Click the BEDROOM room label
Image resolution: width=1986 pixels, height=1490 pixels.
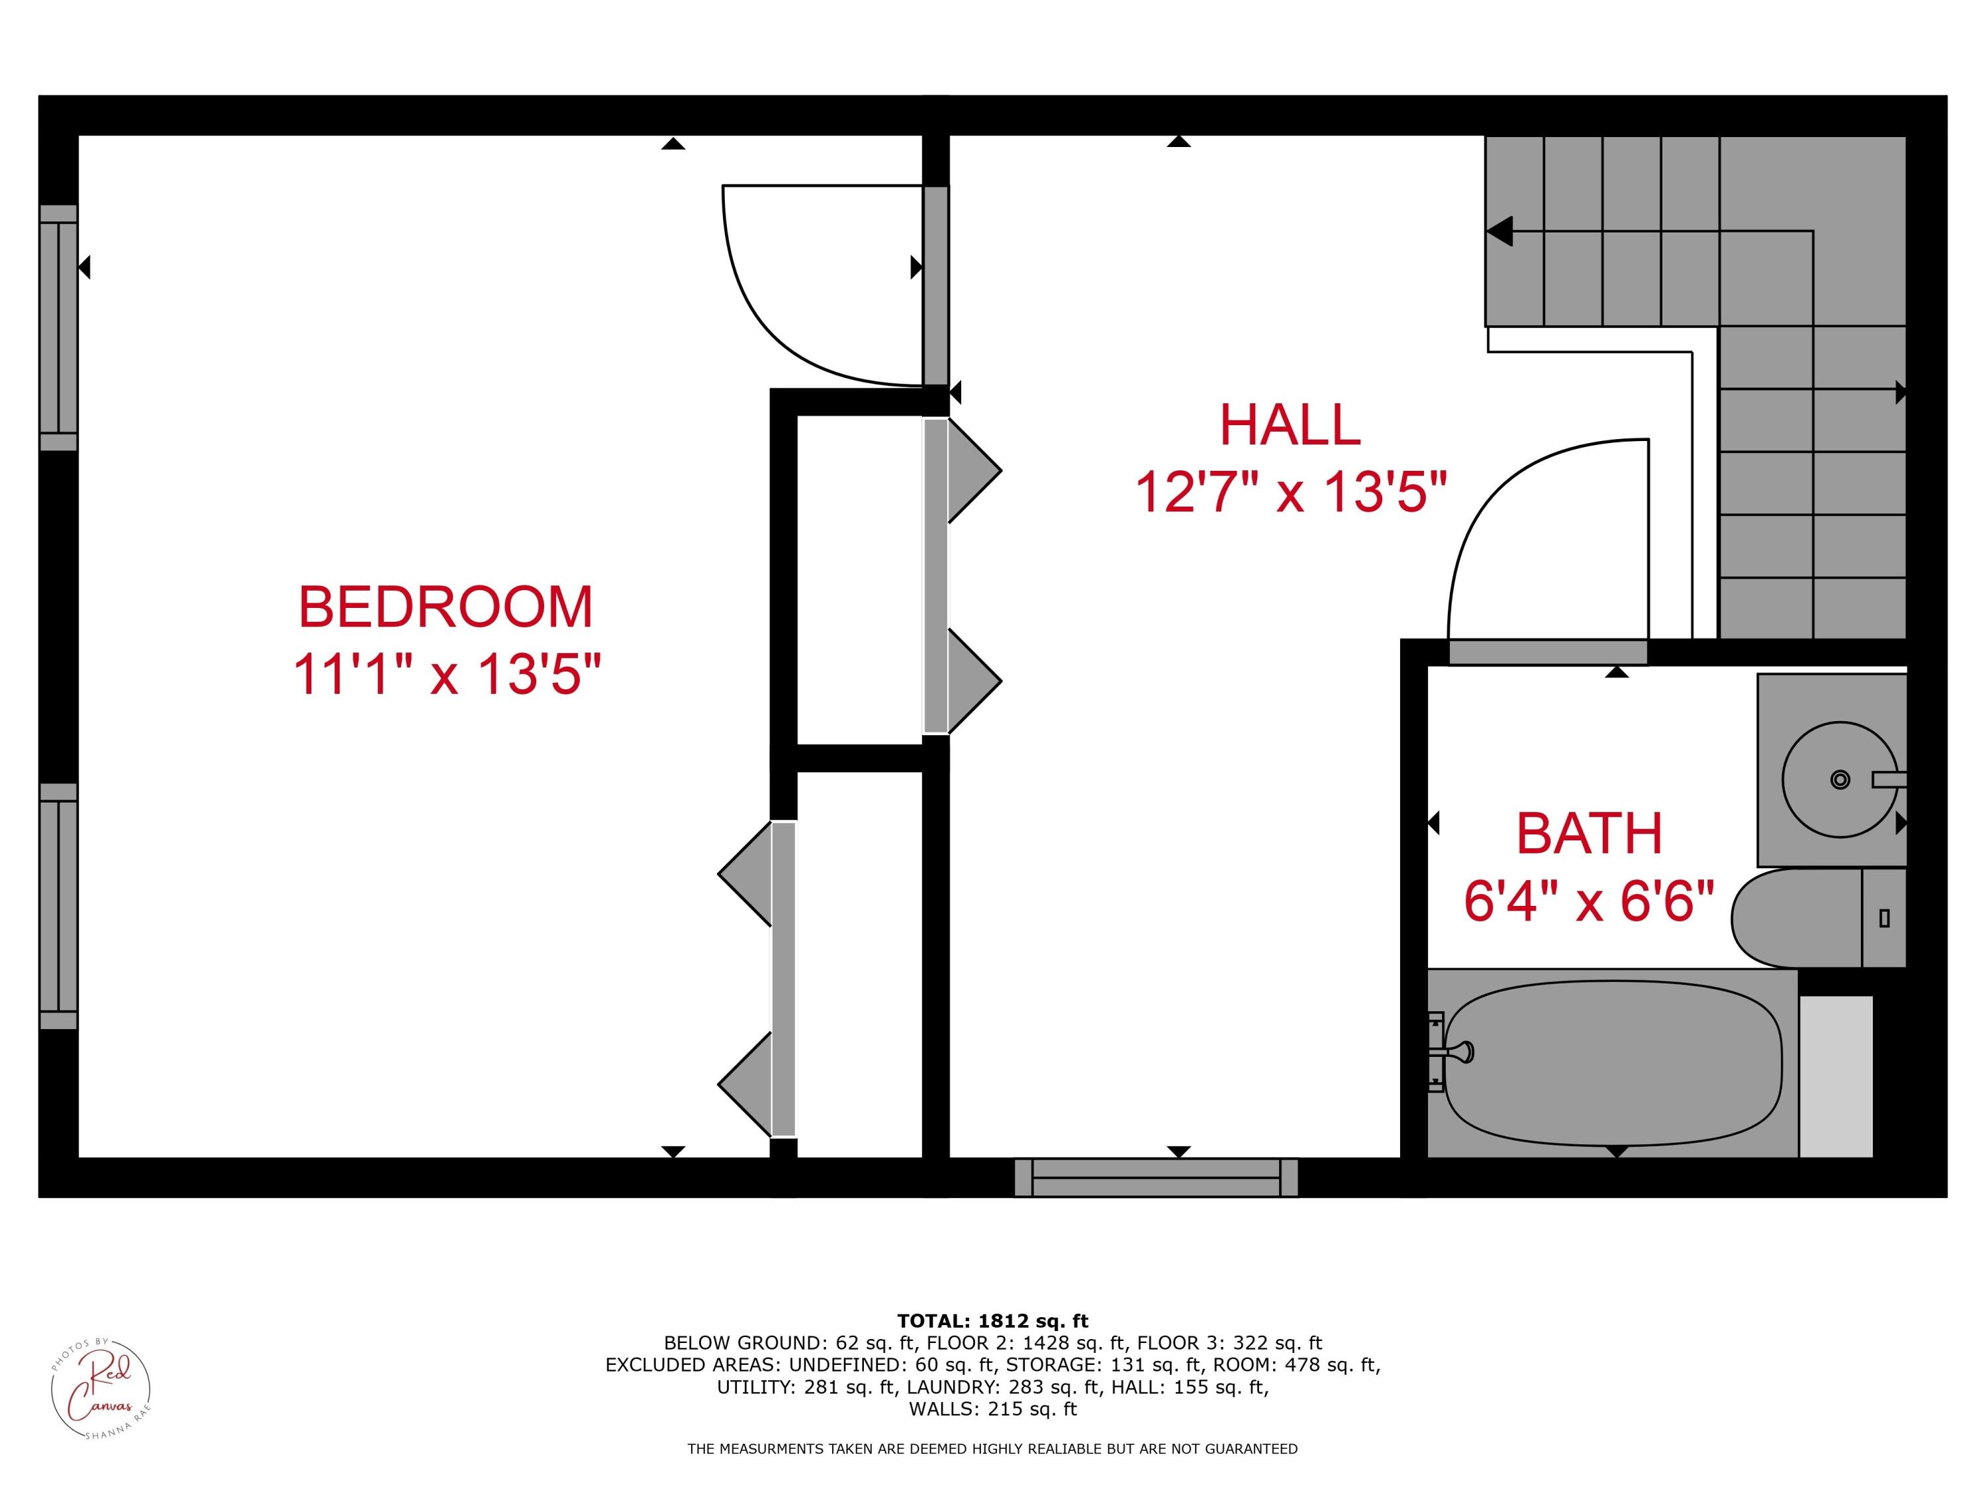click(x=446, y=607)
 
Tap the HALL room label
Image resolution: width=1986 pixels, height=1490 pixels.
click(x=1290, y=425)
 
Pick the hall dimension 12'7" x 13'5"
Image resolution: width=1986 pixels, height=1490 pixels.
click(x=1291, y=493)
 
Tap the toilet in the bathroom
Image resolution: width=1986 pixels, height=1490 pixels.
click(x=1814, y=917)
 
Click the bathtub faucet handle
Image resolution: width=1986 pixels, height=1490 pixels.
click(x=1459, y=1052)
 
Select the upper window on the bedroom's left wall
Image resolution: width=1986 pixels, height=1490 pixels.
click(x=58, y=328)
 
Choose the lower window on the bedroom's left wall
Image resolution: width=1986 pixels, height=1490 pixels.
click(x=58, y=905)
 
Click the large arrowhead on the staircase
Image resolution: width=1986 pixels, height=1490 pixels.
click(x=1499, y=231)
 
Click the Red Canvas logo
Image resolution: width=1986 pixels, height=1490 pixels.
click(x=100, y=1387)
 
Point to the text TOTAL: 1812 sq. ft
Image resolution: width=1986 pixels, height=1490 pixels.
click(x=992, y=1321)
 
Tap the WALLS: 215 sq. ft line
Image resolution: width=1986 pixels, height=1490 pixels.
click(x=992, y=1409)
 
